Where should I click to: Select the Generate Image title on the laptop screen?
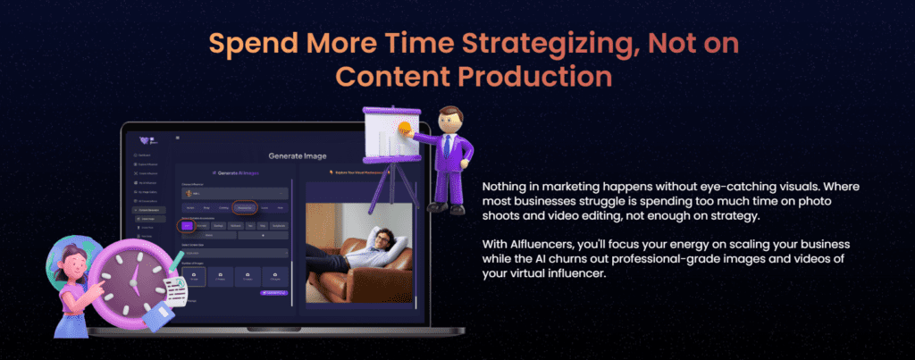click(298, 155)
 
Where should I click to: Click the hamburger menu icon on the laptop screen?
click(177, 137)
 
